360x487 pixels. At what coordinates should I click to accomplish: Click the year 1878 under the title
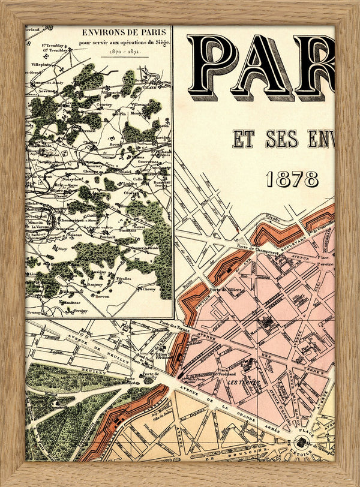point(293,178)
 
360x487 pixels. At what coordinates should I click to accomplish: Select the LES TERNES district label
point(242,382)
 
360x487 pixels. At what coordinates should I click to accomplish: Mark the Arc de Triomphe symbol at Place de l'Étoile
point(303,444)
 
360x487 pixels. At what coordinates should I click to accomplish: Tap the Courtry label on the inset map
point(105,104)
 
